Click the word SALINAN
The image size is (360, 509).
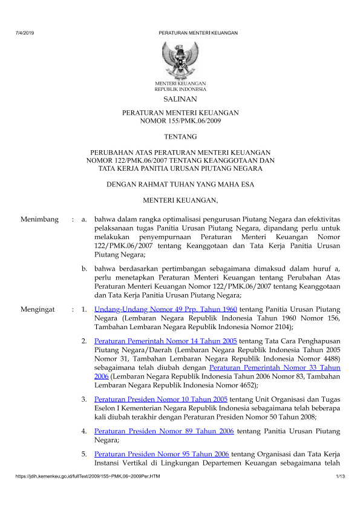pos(180,99)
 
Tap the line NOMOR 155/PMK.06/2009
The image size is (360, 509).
pos(180,122)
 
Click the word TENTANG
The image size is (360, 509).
pos(180,138)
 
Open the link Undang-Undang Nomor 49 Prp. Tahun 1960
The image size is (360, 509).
pos(166,309)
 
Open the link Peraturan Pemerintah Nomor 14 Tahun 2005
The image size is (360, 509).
pos(166,341)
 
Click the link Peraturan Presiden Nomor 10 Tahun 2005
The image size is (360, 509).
pos(161,399)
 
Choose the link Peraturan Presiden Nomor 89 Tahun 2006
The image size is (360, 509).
pos(161,431)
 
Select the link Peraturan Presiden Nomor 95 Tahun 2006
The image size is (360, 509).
pos(161,453)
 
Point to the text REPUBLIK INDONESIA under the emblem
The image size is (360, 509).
pos(180,88)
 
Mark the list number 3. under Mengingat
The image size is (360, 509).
pos(85,399)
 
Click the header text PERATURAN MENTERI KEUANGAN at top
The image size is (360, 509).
pos(198,32)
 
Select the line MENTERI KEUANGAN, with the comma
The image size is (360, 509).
pos(180,200)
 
